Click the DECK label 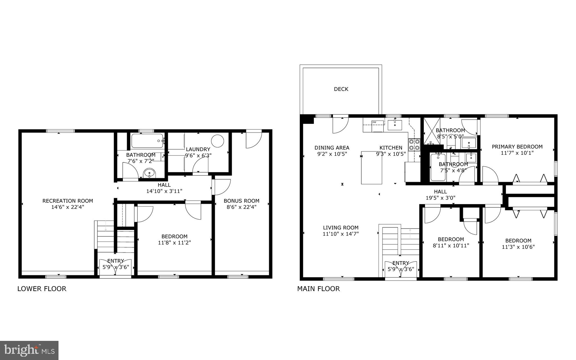tap(341, 89)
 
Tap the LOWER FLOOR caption tap(42, 289)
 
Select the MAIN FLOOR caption tap(318, 289)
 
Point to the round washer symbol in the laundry tap(217, 141)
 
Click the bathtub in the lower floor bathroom tap(147, 141)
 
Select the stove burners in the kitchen tap(414, 145)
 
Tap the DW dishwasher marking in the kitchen tap(374, 122)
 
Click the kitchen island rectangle tap(372, 167)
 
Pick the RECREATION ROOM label tap(67, 201)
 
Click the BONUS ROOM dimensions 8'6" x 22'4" tap(241, 207)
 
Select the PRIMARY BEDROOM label tap(517, 147)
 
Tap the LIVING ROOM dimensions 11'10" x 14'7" tap(341, 234)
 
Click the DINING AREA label tap(332, 148)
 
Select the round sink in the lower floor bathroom tap(149, 173)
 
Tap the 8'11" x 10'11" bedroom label tap(451, 242)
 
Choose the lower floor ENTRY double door tap(116, 268)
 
